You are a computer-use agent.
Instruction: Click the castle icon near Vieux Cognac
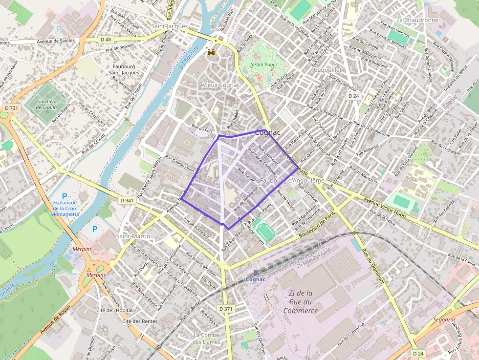pyautogui.click(x=211, y=52)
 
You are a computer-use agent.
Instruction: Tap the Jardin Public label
pyautogui.click(x=263, y=64)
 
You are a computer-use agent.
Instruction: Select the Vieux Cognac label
pyautogui.click(x=221, y=85)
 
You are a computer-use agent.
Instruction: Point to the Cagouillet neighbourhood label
pyautogui.click(x=327, y=70)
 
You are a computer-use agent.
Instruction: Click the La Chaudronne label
pyautogui.click(x=417, y=20)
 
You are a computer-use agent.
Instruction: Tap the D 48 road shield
pyautogui.click(x=106, y=39)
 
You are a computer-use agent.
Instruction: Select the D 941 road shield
pyautogui.click(x=127, y=200)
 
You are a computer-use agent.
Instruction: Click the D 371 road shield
pyautogui.click(x=226, y=309)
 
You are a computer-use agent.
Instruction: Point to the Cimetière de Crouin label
pyautogui.click(x=46, y=104)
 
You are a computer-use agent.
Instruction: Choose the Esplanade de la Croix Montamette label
pyautogui.click(x=65, y=208)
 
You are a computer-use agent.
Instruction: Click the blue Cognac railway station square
pyautogui.click(x=255, y=273)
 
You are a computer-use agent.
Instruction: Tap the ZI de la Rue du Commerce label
pyautogui.click(x=301, y=302)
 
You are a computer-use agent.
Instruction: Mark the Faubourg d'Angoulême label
pyautogui.click(x=292, y=181)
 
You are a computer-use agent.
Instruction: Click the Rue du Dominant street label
pyautogui.click(x=373, y=267)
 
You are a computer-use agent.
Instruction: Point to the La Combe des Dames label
pyautogui.click(x=207, y=338)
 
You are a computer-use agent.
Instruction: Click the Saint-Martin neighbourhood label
pyautogui.click(x=133, y=236)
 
